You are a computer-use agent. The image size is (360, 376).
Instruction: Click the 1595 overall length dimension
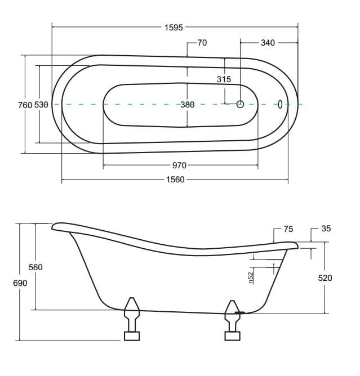click(174, 28)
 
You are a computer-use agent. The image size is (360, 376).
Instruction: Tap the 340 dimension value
click(268, 43)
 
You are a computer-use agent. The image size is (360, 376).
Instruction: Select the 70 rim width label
click(202, 43)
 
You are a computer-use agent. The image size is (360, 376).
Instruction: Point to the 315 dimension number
click(224, 79)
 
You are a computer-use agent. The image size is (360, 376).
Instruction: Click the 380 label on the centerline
click(187, 105)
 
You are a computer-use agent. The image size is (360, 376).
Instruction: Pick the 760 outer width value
click(25, 105)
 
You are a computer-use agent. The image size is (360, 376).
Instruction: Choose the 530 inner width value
click(41, 105)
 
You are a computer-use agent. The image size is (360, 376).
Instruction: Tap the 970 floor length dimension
click(179, 165)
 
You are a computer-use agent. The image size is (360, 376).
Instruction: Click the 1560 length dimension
click(175, 180)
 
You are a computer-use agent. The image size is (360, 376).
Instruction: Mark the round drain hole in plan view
click(240, 104)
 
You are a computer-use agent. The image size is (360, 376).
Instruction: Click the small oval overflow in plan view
click(280, 104)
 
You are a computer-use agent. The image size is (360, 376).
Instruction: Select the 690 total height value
click(20, 283)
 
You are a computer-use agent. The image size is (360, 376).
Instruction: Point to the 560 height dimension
click(35, 267)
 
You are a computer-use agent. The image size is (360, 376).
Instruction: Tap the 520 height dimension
click(325, 278)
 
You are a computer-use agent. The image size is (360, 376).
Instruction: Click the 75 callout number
click(288, 229)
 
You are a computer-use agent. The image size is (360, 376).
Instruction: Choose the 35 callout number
click(326, 229)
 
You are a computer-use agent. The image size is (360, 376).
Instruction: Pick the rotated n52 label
click(251, 278)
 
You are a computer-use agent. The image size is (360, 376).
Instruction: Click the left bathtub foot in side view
click(132, 319)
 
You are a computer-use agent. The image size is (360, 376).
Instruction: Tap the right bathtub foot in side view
click(232, 320)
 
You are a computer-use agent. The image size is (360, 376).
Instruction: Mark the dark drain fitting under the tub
click(239, 312)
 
